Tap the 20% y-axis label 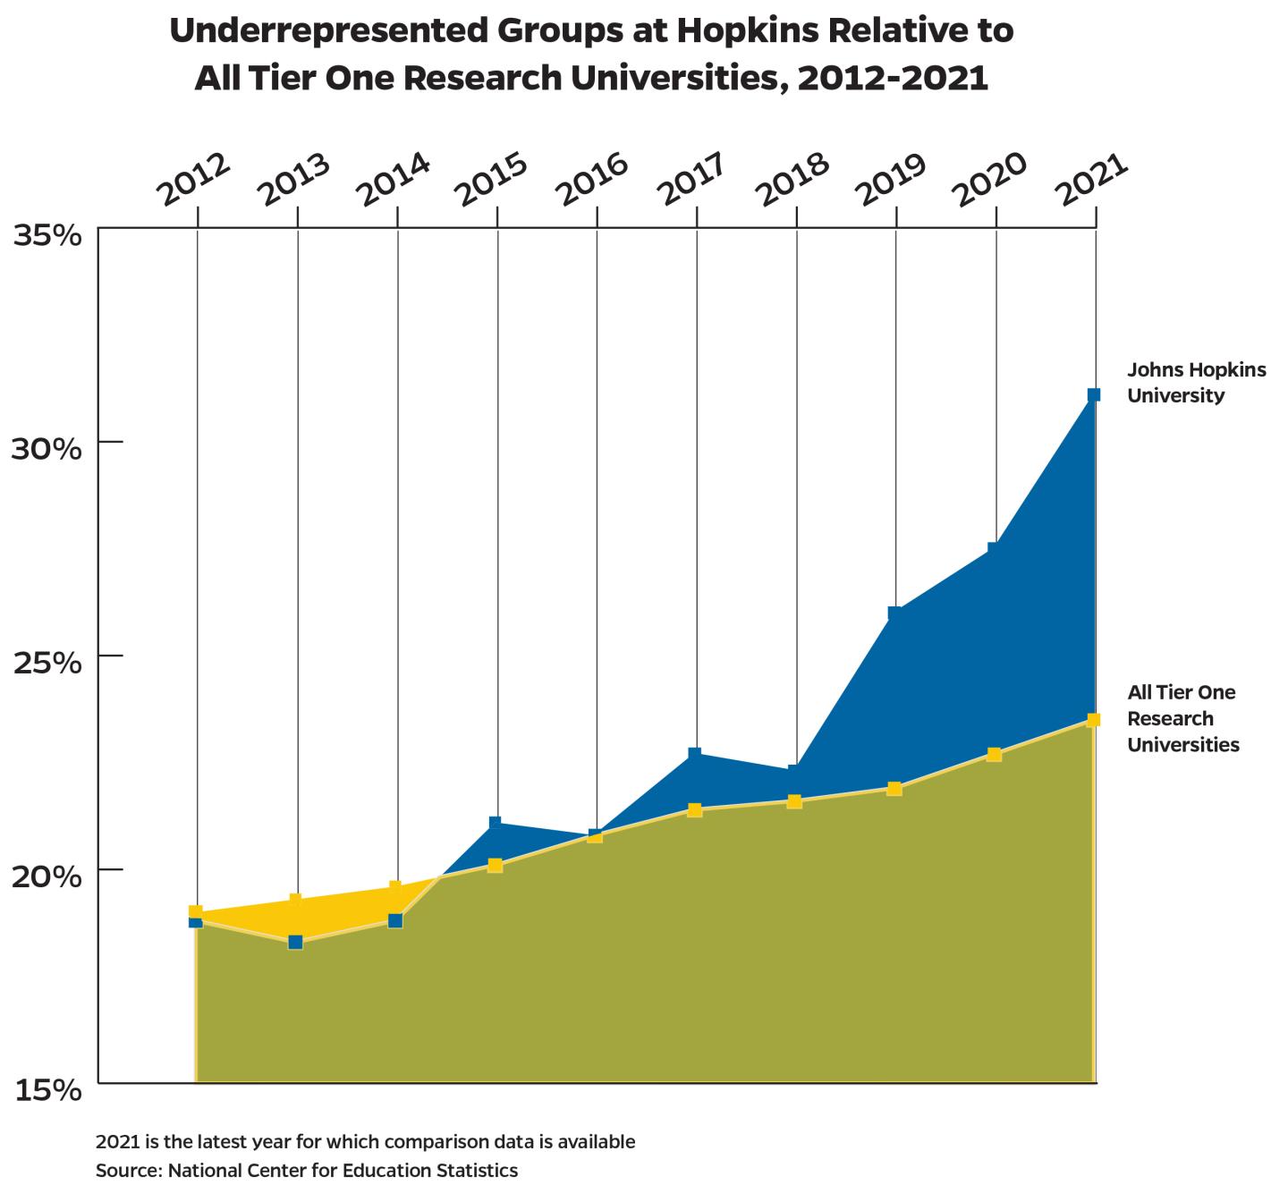[x=47, y=876]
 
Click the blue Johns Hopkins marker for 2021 [x=1093, y=394]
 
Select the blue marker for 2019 [x=894, y=613]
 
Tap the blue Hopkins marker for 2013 [x=295, y=942]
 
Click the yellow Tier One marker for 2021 [x=1093, y=720]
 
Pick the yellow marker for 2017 [x=694, y=810]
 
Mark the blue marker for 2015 [x=495, y=822]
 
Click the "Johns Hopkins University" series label [x=1195, y=383]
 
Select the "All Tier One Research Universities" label [x=1182, y=718]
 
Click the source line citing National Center [x=307, y=1170]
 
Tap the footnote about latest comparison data [x=365, y=1142]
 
